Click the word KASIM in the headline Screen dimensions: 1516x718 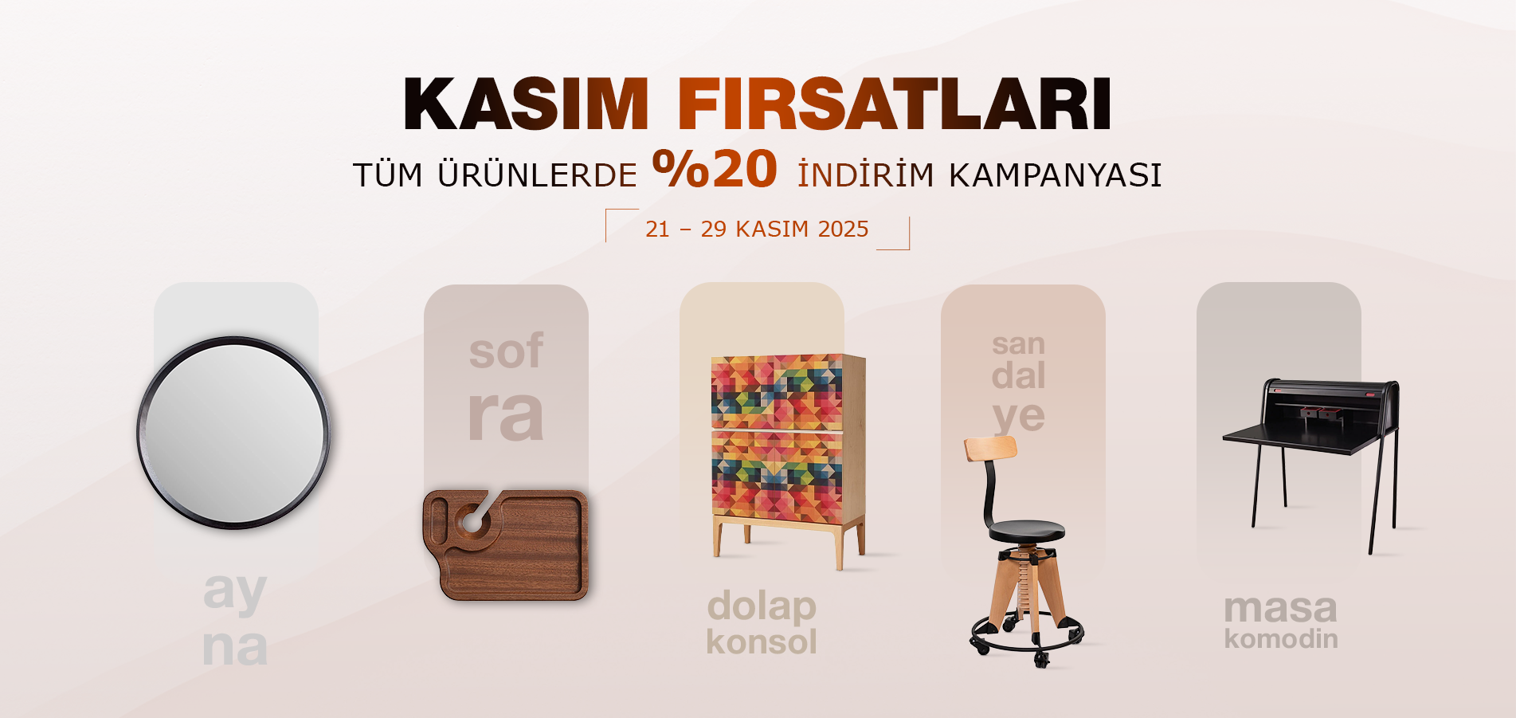pyautogui.click(x=527, y=104)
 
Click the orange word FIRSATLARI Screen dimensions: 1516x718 pyautogui.click(x=895, y=104)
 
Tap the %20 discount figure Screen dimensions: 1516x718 pyautogui.click(x=715, y=169)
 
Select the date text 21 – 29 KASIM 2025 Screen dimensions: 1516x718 pyautogui.click(x=757, y=230)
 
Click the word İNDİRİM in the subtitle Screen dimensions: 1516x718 pyautogui.click(x=866, y=175)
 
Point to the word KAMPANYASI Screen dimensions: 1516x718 pyautogui.click(x=1056, y=175)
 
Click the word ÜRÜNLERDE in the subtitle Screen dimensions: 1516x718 pyautogui.click(x=537, y=175)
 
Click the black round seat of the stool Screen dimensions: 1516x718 pyautogui.click(x=1026, y=530)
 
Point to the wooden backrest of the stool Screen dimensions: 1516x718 pyautogui.click(x=990, y=448)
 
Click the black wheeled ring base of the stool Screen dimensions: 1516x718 pyautogui.click(x=1027, y=638)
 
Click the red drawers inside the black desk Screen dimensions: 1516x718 pyautogui.click(x=1321, y=412)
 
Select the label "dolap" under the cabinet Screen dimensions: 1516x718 pyautogui.click(x=762, y=606)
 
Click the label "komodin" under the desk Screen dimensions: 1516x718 pyautogui.click(x=1281, y=639)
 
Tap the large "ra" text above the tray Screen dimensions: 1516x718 pyautogui.click(x=506, y=416)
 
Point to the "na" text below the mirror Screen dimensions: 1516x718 pyautogui.click(x=235, y=648)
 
